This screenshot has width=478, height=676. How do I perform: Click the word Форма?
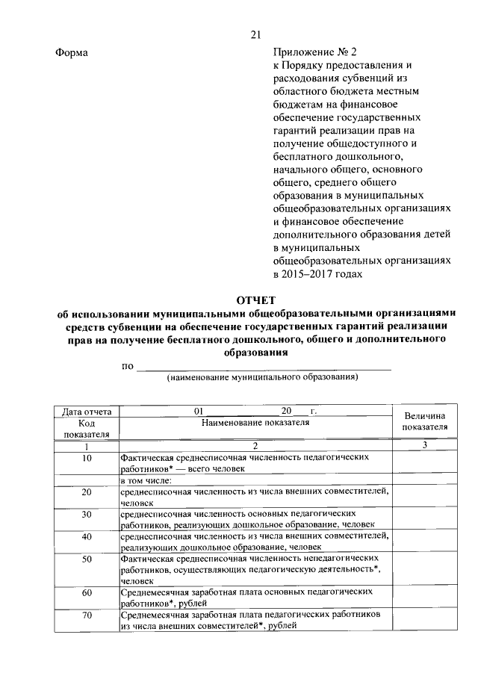(72, 53)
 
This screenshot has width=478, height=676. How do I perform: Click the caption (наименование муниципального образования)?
(262, 377)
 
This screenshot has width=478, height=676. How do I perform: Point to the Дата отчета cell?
(87, 412)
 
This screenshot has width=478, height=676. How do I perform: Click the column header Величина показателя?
(424, 421)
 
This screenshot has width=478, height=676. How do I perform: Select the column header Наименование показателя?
(255, 422)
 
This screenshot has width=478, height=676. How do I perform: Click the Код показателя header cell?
(87, 427)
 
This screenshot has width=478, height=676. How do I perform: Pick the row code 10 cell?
(87, 457)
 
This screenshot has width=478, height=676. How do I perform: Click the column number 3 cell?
(424, 446)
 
